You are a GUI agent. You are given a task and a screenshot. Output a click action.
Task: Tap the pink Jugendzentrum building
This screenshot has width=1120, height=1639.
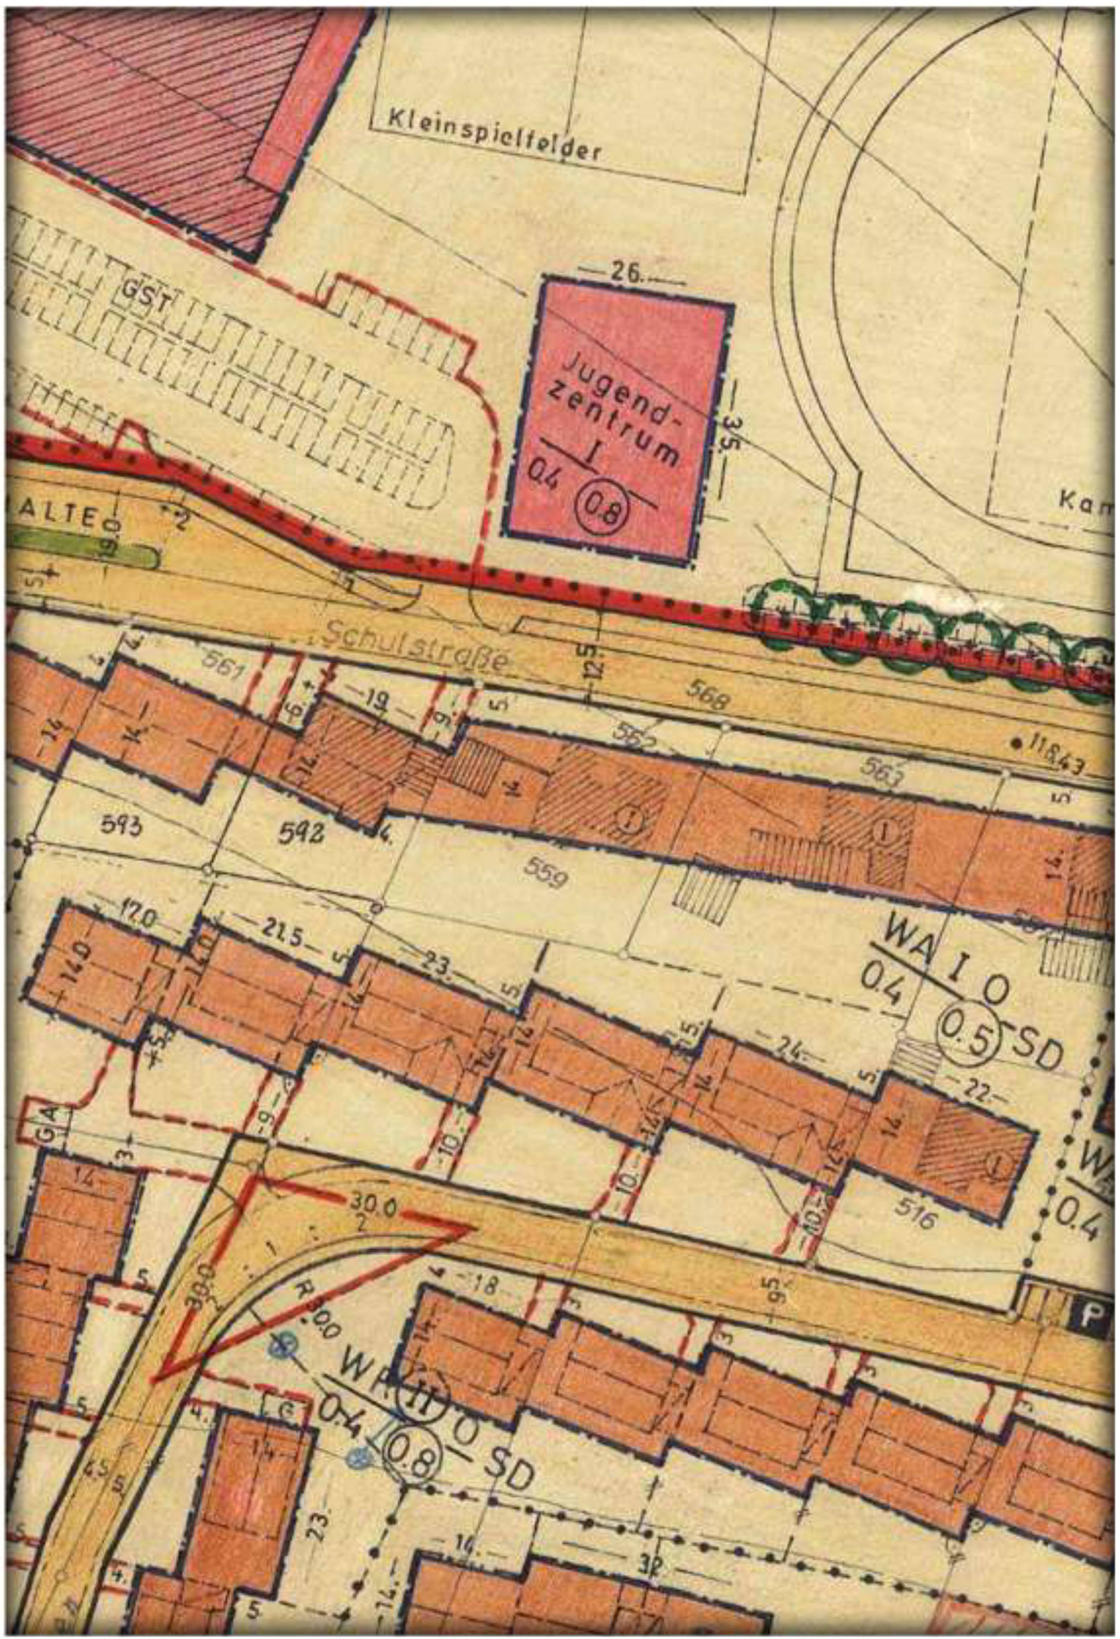click(x=618, y=423)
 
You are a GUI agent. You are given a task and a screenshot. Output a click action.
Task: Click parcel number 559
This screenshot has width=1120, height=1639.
click(x=546, y=875)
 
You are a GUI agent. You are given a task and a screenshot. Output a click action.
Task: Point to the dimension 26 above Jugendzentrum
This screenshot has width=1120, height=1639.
click(x=626, y=272)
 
